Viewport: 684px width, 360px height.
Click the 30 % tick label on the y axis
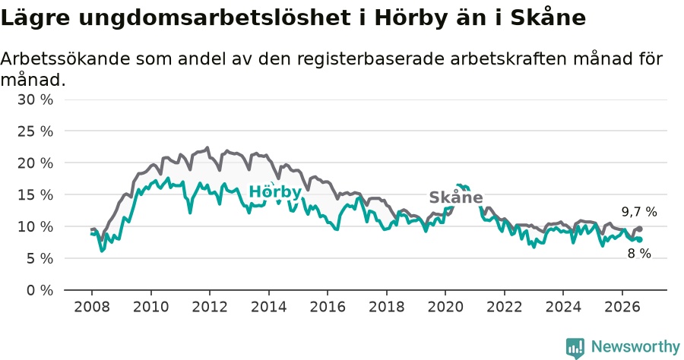pos(35,99)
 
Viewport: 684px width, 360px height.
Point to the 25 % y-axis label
pos(35,131)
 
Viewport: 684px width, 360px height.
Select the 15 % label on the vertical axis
pos(35,195)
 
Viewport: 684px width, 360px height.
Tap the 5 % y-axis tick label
pos(40,258)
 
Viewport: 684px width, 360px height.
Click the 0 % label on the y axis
pos(40,290)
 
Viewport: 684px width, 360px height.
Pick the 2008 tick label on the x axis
pos(92,307)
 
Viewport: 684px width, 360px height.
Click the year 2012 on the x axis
pos(210,307)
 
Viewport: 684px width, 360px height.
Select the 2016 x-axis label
pos(328,307)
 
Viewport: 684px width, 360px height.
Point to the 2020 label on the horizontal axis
pos(445,307)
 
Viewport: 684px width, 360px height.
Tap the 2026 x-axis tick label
pos(622,307)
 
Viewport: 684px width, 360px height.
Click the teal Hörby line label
pos(275,191)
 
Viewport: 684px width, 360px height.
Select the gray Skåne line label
pos(456,197)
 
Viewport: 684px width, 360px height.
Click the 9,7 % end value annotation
pos(639,212)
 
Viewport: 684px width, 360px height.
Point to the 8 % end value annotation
pos(639,253)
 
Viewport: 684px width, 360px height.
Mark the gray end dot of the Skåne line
pos(639,229)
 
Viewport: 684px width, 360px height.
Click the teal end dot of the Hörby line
pos(639,239)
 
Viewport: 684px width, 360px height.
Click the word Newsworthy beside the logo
pos(635,347)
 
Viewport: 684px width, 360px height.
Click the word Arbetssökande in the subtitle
pos(65,58)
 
